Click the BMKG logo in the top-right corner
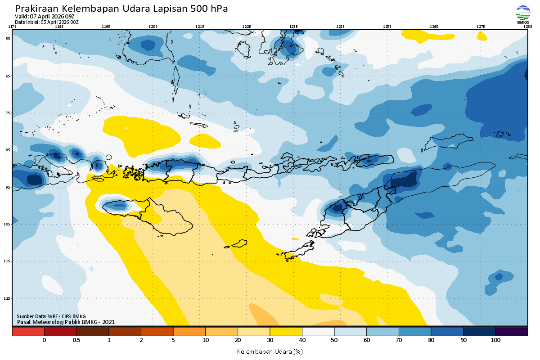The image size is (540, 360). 522,14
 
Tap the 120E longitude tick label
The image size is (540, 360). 153,27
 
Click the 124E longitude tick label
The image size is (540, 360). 340,27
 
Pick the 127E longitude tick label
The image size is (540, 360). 481,27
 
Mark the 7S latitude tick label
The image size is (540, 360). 8,113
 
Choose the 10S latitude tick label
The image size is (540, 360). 8,224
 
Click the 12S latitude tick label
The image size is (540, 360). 8,298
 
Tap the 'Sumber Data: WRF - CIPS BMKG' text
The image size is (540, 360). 51,316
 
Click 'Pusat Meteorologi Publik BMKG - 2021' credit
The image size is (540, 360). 66,322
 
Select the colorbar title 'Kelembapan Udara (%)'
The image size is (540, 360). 270,351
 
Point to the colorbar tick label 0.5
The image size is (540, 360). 76,340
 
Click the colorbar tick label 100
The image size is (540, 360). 495,340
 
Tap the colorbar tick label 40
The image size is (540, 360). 302,340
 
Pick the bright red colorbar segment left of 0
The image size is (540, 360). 28,332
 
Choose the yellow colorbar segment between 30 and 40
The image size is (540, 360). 286,332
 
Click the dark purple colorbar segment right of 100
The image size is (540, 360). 512,332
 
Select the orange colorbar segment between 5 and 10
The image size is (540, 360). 189,332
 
